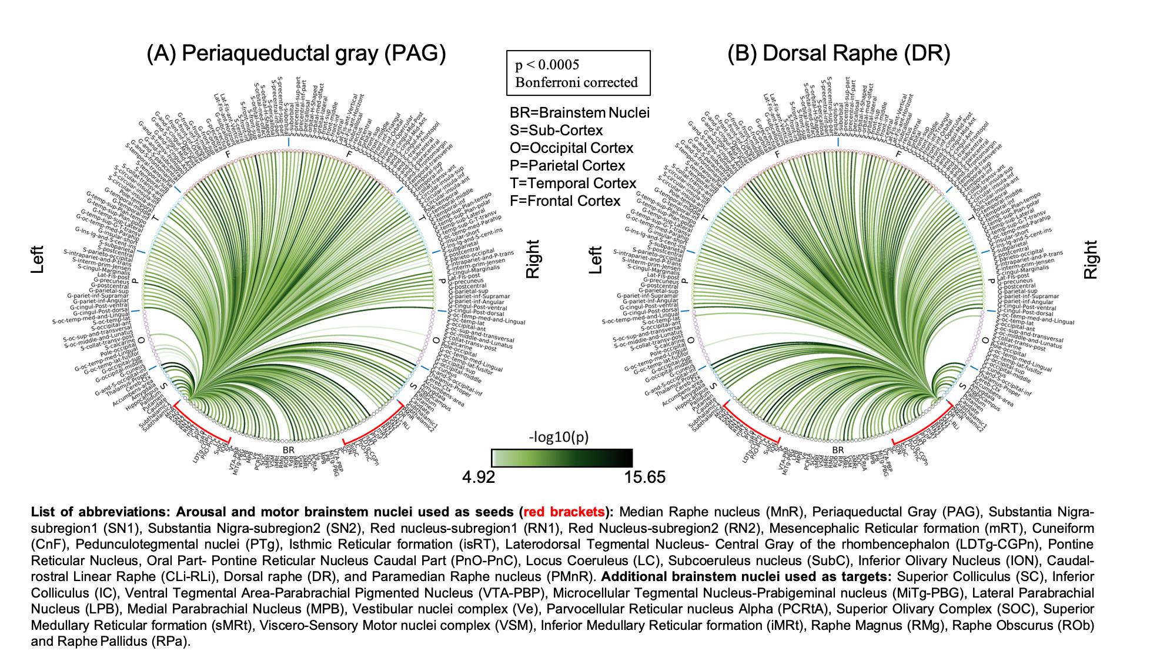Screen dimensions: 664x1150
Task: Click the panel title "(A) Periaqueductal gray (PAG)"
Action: click(x=296, y=54)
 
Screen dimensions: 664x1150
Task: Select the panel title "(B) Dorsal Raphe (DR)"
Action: click(x=838, y=54)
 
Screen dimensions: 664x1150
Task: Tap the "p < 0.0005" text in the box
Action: click(x=547, y=65)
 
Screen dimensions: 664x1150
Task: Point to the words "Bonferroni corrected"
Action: click(x=576, y=82)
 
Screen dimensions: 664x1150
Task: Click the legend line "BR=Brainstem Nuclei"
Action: click(x=579, y=113)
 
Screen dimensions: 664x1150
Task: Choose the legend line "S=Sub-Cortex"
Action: click(x=556, y=131)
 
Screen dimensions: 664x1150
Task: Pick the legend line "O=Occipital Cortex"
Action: click(x=571, y=148)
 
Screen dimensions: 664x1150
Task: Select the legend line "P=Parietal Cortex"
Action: click(x=567, y=166)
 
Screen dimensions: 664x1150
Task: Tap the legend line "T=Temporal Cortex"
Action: click(x=573, y=183)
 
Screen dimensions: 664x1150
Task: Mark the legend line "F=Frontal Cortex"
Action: click(x=564, y=201)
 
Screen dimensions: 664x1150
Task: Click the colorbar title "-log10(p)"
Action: click(x=559, y=437)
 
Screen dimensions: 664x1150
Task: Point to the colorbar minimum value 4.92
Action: click(x=479, y=477)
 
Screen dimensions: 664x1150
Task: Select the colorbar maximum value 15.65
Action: click(x=644, y=477)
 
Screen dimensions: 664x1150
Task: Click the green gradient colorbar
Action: click(x=562, y=458)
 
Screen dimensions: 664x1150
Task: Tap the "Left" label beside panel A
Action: click(x=38, y=259)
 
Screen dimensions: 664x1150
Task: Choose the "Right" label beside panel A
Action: click(x=533, y=259)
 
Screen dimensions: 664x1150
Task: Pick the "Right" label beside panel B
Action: click(x=1091, y=259)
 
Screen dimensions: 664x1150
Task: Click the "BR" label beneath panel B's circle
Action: click(x=838, y=450)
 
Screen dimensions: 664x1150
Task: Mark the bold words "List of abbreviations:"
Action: click(x=101, y=512)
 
